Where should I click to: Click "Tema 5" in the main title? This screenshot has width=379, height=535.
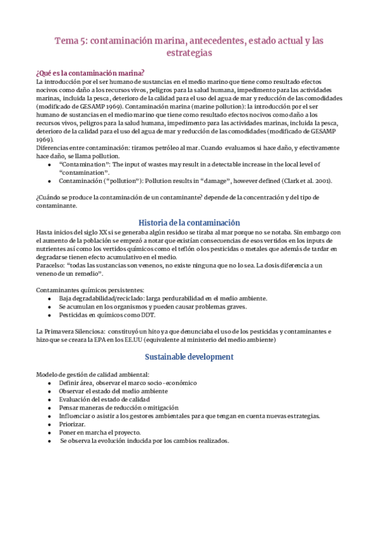pos(71,41)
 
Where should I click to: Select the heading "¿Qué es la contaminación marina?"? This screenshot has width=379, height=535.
pos(90,73)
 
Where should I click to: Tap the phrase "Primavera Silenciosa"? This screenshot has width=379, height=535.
pos(73,331)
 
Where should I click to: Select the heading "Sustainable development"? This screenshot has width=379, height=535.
pos(189,356)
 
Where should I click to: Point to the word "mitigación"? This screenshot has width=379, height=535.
pos(162,408)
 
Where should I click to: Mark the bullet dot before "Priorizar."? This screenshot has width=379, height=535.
pos(50,424)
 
